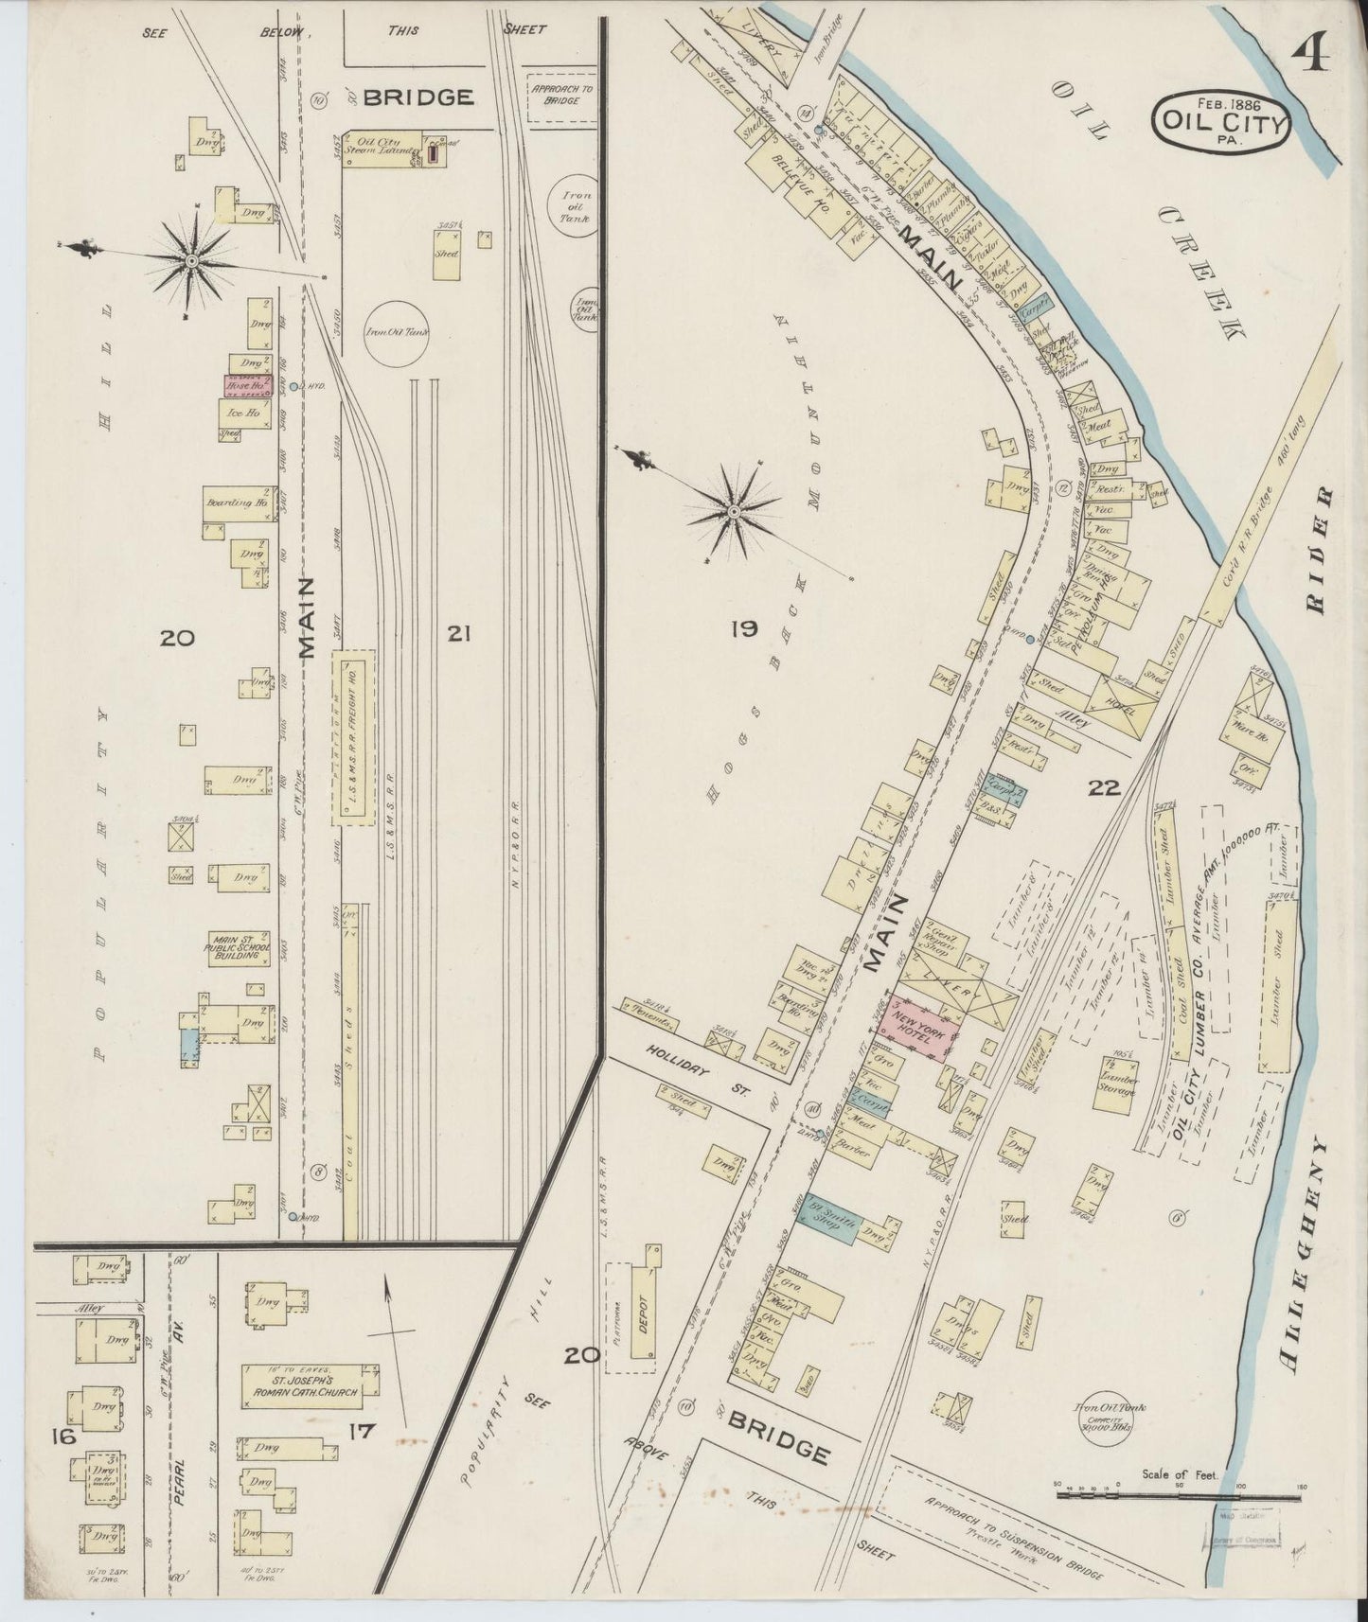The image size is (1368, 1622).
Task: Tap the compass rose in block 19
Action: (735, 512)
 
